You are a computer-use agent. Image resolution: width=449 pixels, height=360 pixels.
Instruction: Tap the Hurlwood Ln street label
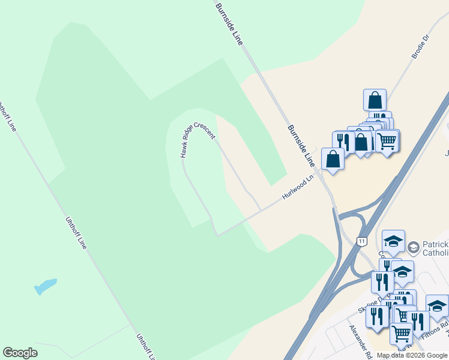(299, 188)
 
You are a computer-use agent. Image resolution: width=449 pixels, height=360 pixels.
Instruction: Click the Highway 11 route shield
(361, 241)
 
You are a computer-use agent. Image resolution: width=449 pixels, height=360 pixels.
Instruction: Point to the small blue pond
(46, 286)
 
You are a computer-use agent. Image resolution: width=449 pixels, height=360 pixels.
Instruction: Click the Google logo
(20, 353)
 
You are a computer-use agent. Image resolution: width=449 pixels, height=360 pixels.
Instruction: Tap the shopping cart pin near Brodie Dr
(387, 141)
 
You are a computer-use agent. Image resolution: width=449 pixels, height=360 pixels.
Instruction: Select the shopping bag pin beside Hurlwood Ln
(333, 159)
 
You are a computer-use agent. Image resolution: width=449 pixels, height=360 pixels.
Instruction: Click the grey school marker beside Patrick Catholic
(413, 247)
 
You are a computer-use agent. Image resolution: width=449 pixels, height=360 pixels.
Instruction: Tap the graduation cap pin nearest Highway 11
(393, 242)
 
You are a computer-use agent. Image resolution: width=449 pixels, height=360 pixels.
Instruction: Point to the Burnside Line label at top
(231, 23)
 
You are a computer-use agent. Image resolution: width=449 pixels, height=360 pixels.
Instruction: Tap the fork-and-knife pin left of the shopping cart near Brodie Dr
(342, 142)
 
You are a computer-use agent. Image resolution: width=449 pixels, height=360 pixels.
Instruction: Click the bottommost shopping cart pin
(401, 333)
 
